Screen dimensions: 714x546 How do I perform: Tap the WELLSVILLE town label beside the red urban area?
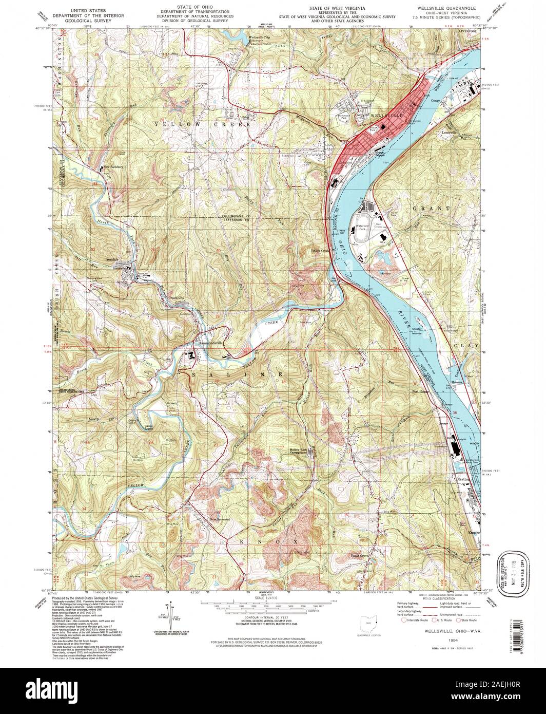tap(384, 117)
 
